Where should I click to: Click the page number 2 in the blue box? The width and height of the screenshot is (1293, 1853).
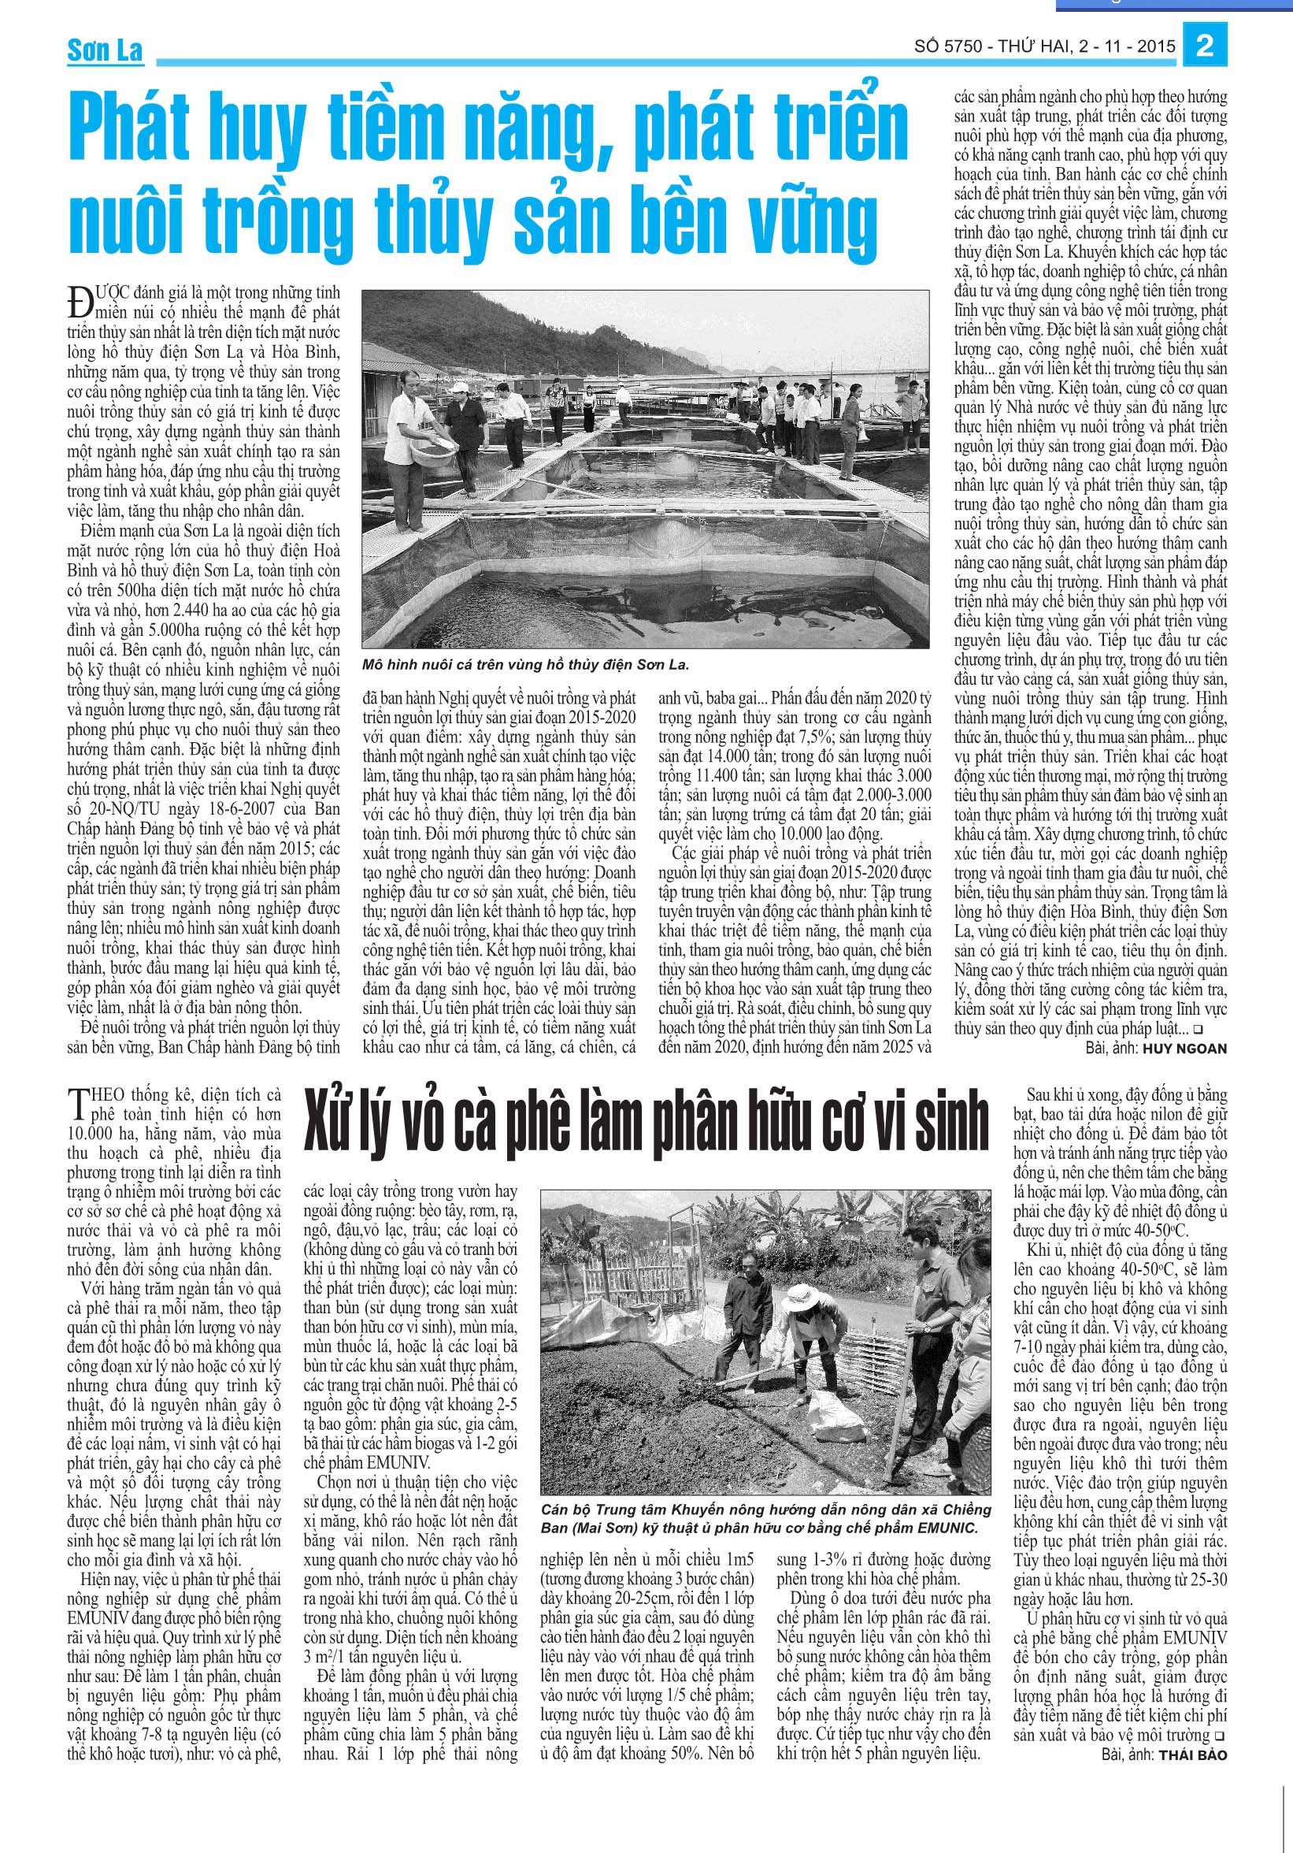1205,46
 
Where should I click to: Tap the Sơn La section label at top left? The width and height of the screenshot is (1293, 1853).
105,51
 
